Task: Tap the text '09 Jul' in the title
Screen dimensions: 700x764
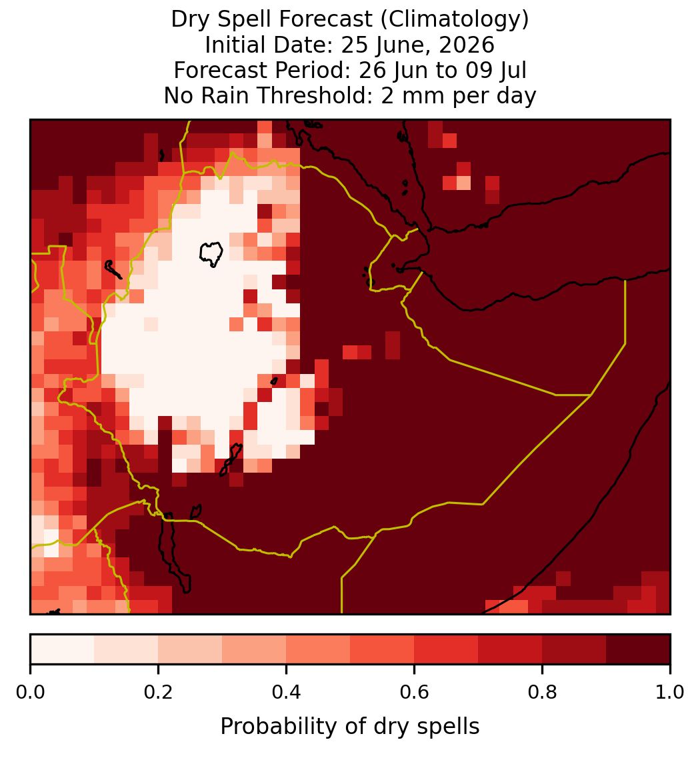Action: [x=496, y=71]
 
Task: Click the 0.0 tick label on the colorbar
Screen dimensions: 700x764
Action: [x=30, y=693]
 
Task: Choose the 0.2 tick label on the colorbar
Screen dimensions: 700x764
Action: [x=158, y=693]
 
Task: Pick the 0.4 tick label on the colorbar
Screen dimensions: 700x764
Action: [x=287, y=693]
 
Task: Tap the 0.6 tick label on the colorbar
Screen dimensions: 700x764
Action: [x=415, y=693]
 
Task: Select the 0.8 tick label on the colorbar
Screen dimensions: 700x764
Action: [x=543, y=693]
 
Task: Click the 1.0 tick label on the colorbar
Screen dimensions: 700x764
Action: [x=670, y=693]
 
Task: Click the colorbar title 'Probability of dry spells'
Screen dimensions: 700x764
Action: [x=350, y=727]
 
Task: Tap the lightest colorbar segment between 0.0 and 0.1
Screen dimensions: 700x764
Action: [x=63, y=649]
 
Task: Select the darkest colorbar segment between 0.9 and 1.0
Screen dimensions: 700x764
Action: [x=638, y=649]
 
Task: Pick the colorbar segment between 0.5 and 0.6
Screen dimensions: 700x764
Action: [x=383, y=649]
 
